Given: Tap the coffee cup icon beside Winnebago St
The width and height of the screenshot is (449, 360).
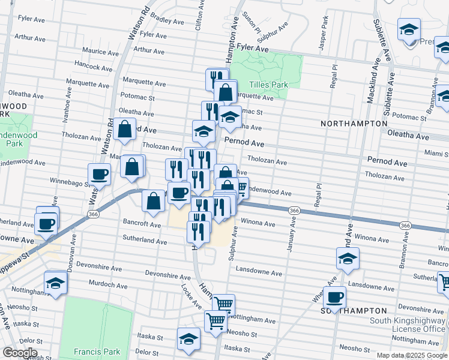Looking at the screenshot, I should tap(100, 175).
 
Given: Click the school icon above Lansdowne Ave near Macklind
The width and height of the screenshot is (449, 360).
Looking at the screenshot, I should tap(347, 259).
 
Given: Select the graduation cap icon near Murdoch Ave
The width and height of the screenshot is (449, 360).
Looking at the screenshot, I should tap(56, 283).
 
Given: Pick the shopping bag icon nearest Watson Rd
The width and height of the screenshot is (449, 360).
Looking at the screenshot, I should tap(124, 130).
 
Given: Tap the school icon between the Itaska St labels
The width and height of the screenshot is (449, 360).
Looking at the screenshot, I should tap(188, 339).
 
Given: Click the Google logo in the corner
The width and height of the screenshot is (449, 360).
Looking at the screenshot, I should tap(20, 352).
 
